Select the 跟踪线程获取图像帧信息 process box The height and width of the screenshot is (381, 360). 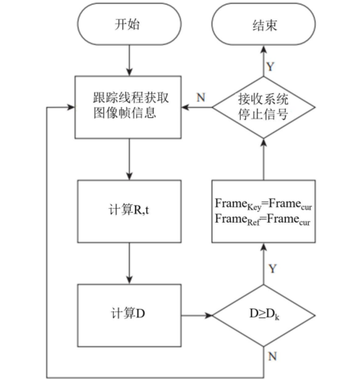[x=131, y=108]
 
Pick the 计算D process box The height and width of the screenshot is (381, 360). [x=131, y=314]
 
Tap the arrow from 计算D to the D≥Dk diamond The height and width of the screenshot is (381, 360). [x=196, y=314]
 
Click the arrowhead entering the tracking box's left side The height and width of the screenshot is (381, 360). [x=73, y=108]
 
